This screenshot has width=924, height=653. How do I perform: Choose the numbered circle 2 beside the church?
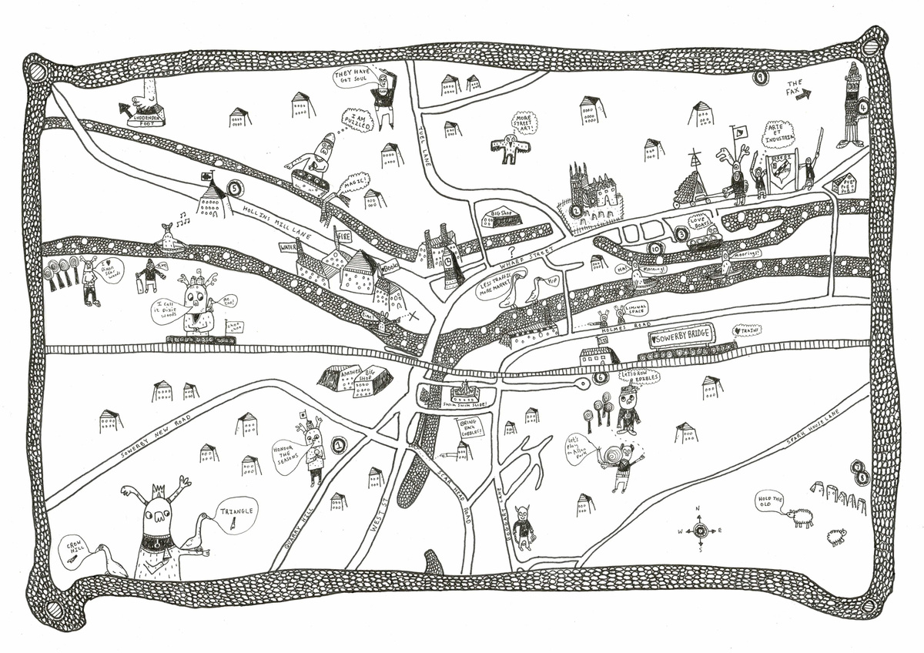tap(574, 209)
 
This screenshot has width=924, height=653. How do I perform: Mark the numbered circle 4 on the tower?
tap(863, 108)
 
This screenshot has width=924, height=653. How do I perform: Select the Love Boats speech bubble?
tap(701, 222)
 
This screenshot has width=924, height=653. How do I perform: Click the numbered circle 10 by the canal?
tap(655, 248)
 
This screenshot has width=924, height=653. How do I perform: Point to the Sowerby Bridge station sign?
tap(681, 336)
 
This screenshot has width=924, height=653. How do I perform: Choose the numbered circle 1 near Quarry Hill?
tap(339, 444)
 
